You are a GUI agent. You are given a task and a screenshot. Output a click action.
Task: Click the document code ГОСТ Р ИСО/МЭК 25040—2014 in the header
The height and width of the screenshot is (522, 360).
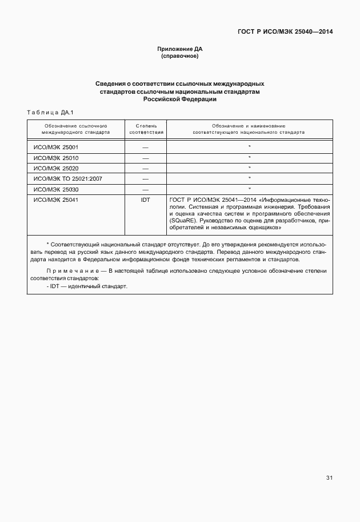tap(285, 31)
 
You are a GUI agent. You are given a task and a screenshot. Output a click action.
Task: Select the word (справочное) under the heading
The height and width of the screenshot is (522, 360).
tap(179, 57)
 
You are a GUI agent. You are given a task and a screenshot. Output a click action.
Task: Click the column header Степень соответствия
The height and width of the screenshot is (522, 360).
tap(146, 128)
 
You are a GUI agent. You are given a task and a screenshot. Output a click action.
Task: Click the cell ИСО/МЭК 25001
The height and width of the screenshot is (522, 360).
tap(56, 147)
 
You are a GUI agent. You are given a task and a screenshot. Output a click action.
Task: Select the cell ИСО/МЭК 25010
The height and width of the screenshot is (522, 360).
tap(56, 158)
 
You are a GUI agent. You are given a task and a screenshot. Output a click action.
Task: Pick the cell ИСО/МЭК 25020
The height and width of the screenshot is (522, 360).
tap(56, 168)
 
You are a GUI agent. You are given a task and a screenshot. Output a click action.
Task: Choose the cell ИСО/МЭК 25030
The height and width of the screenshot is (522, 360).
tap(56, 189)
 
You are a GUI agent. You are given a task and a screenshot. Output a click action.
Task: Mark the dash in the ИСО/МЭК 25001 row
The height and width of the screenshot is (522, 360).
tap(146, 147)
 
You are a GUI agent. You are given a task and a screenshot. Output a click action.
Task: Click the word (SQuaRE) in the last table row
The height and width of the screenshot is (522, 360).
tap(183, 220)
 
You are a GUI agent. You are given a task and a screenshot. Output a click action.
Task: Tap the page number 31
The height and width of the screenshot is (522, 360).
tap(329, 478)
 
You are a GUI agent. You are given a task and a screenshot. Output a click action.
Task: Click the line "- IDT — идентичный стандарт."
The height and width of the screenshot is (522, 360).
tap(87, 285)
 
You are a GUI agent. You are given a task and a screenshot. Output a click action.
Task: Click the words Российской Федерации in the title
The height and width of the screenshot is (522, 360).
tap(179, 99)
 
